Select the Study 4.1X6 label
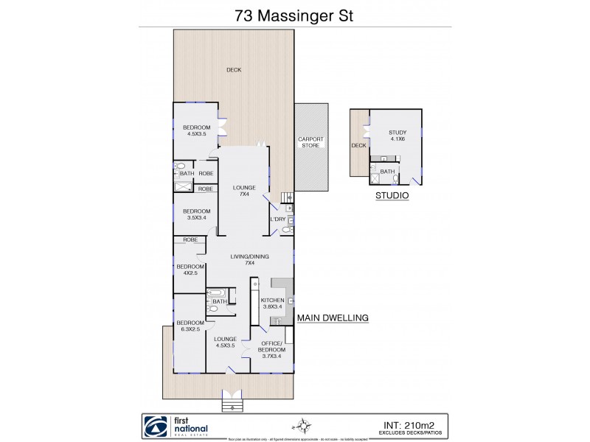(x=398, y=136)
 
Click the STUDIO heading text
(x=392, y=197)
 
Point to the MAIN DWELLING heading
(x=332, y=318)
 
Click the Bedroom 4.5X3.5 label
(x=196, y=131)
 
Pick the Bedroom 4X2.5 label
(x=190, y=270)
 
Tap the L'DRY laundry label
(x=278, y=220)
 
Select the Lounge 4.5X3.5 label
(x=225, y=343)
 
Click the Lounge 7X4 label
(x=243, y=191)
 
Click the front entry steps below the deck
(x=232, y=404)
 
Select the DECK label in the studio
(x=358, y=145)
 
